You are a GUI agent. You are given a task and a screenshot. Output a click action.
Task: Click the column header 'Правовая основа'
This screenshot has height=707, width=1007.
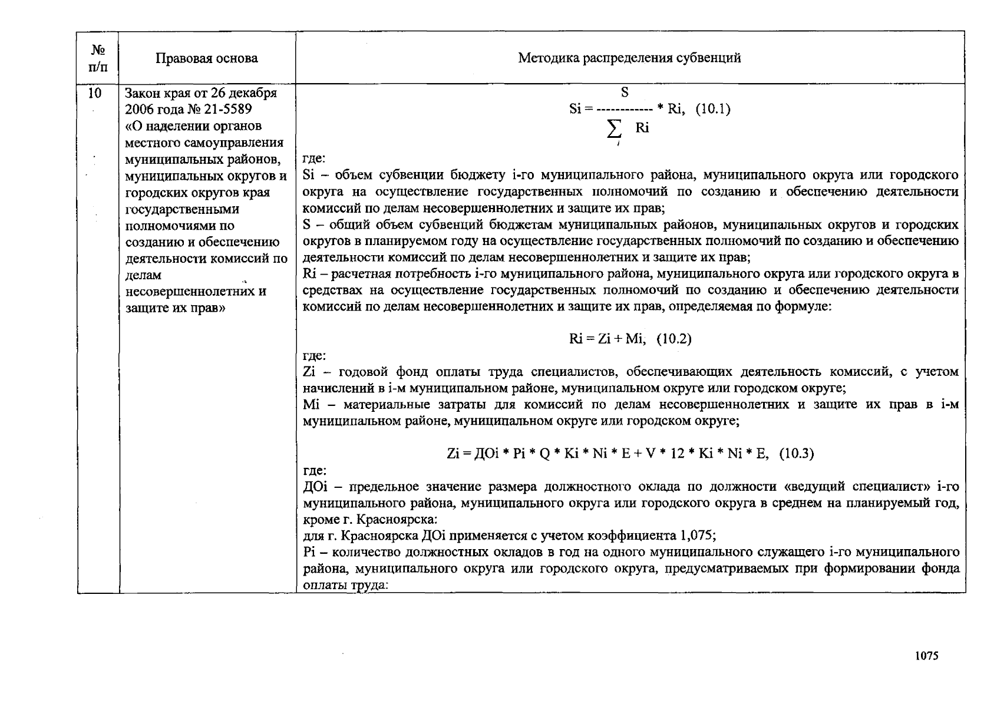206,58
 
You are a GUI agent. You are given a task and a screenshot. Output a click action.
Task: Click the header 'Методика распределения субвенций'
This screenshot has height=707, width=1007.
629,58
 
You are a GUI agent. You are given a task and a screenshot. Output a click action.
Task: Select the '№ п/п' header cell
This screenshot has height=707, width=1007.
98,58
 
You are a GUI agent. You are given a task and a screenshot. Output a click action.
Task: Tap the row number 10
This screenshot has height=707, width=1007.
94,93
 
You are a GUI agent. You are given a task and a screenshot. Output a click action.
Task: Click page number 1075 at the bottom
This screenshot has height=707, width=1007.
927,656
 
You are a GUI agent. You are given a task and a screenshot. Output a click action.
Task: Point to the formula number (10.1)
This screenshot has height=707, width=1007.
713,109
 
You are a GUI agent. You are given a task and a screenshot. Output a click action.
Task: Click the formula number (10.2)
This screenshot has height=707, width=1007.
674,339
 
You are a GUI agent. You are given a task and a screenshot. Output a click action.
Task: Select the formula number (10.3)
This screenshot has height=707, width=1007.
796,454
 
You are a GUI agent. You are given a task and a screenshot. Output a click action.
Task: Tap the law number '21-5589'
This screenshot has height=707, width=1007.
228,110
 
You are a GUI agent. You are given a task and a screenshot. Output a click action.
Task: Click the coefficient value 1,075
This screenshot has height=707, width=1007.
696,536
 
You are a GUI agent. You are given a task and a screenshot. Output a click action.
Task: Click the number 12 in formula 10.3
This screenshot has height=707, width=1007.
678,454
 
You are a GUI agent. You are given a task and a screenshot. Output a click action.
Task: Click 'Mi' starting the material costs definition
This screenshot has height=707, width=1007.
310,405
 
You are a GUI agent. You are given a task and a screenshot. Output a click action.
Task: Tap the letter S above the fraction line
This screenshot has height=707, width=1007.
625,92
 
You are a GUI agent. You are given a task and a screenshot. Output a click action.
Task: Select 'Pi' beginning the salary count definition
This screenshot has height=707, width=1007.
310,553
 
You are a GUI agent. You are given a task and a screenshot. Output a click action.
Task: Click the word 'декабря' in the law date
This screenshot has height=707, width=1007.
252,93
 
